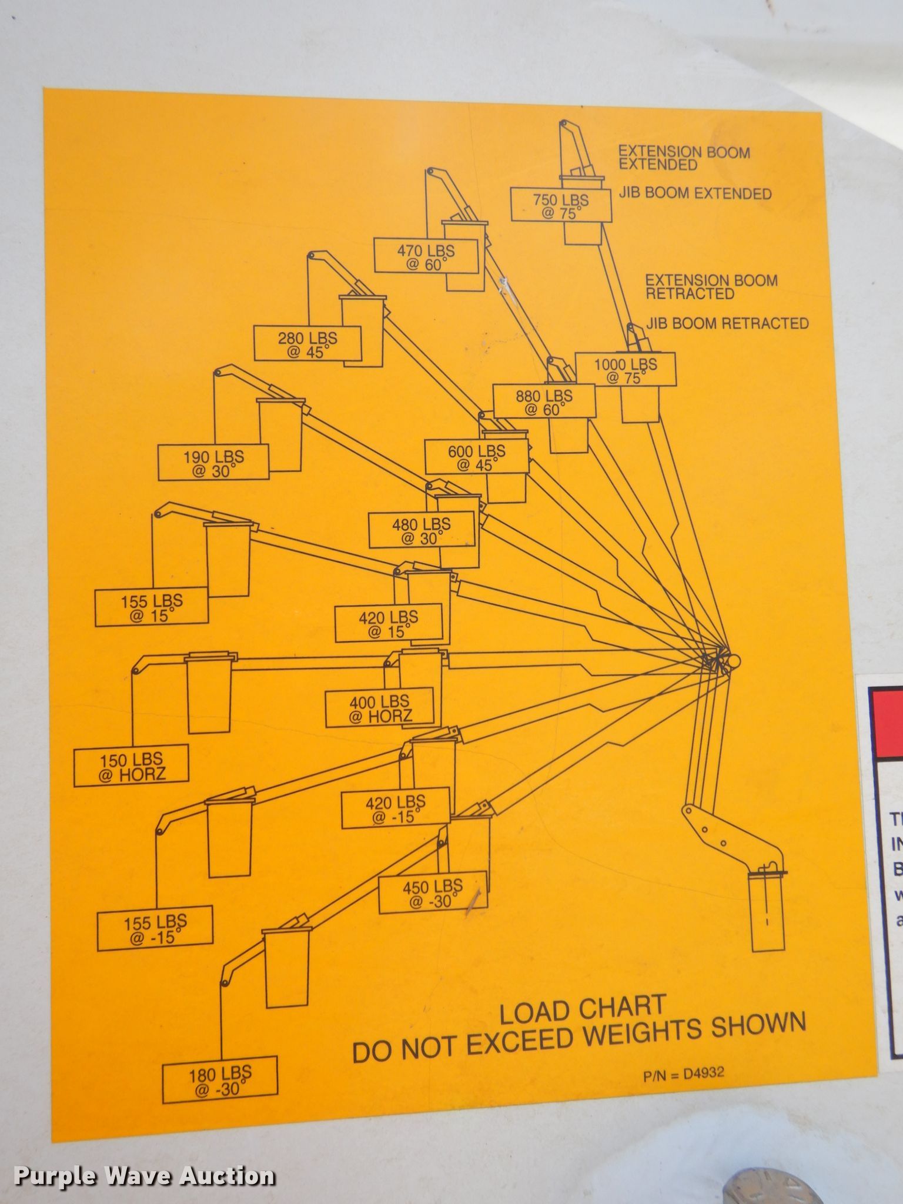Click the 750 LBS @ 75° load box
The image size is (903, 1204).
561,205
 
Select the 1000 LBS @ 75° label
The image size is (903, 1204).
625,370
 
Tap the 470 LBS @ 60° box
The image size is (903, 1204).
426,256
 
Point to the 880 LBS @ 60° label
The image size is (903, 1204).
544,402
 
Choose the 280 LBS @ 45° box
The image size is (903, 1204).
307,344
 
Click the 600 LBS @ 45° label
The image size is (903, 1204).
476,457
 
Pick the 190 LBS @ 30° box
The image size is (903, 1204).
213,462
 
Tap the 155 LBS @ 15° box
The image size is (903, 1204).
152,607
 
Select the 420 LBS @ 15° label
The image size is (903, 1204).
388,623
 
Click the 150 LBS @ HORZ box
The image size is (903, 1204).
131,766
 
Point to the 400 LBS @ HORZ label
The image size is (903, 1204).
380,708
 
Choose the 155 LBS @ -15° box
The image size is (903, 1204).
155,929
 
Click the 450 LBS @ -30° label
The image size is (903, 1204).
433,892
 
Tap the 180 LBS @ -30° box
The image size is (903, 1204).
220,1080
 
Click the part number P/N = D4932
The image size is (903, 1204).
684,1073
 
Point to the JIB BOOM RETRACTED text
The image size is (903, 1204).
727,323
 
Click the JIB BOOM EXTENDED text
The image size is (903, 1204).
695,193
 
